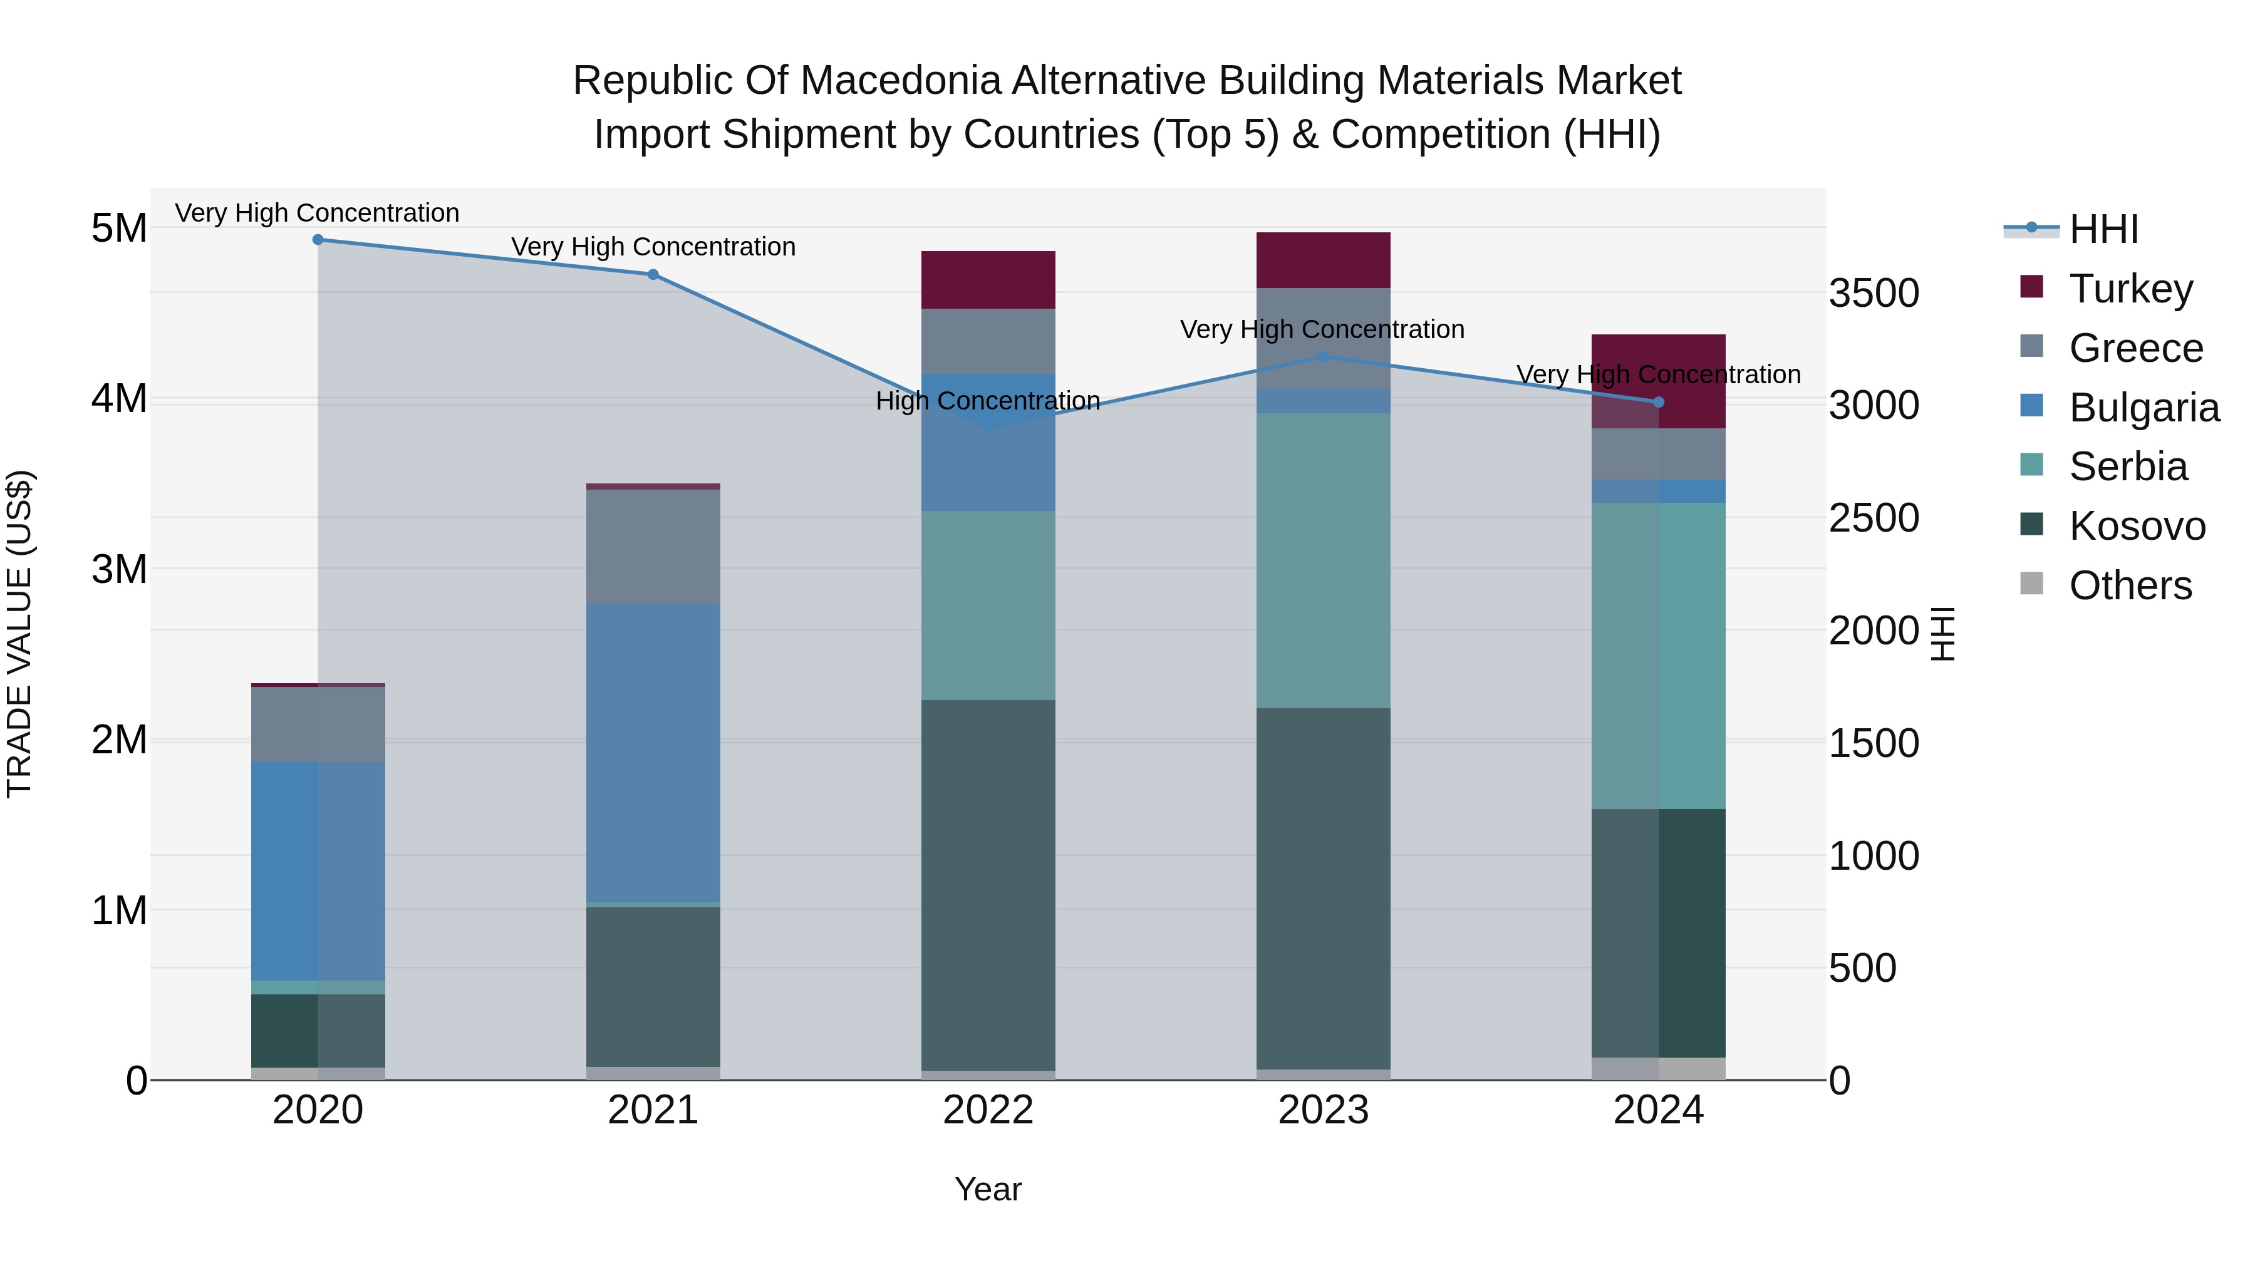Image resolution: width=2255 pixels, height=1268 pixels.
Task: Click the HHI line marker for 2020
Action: tap(318, 240)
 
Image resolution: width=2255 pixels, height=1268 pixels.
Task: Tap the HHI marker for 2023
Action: tap(1324, 357)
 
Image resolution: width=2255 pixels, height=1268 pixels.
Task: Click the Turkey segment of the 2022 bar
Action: tap(988, 280)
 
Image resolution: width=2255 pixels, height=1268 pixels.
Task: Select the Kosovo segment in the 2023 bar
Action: tap(1324, 888)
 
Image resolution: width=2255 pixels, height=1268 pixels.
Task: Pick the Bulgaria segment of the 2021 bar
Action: tap(653, 753)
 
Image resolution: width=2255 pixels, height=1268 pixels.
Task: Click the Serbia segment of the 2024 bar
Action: tap(1659, 656)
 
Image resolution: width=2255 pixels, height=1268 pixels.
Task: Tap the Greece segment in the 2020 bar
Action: tap(318, 724)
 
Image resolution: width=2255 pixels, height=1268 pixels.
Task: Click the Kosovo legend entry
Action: tap(2136, 526)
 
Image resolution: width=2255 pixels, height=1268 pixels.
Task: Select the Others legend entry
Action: tap(2129, 585)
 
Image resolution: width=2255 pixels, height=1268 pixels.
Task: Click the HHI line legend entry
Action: tap(2103, 229)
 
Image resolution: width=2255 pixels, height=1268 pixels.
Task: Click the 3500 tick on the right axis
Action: tap(1874, 293)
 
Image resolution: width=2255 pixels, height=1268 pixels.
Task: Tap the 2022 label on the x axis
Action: tap(988, 1110)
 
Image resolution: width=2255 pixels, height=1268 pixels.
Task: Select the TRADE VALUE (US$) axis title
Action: tap(19, 634)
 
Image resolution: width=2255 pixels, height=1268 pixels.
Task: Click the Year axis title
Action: tap(988, 1189)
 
